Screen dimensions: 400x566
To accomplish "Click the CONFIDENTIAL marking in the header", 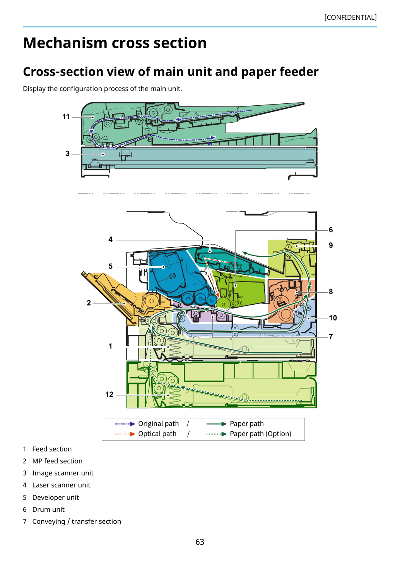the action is [x=350, y=17].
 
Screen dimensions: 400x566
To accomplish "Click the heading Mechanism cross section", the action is [x=115, y=43].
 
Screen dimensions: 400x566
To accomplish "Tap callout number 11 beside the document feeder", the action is [x=66, y=117].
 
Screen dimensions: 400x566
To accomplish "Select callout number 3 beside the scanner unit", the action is [x=67, y=154].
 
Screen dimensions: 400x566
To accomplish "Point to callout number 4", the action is [x=110, y=239].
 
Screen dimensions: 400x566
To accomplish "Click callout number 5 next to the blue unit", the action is [x=110, y=266].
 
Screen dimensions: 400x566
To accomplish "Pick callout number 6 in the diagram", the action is [x=330, y=230].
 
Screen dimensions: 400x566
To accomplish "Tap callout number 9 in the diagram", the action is [x=330, y=245].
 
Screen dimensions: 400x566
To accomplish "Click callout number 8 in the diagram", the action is [x=330, y=292].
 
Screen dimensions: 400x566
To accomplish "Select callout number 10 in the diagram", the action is [x=333, y=318].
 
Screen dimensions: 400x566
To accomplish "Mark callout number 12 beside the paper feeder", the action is [x=109, y=394].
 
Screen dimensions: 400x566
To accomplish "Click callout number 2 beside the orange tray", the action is [x=89, y=303].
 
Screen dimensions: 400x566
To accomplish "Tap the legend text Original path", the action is [x=158, y=424].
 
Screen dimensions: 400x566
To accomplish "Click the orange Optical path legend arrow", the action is [x=125, y=434].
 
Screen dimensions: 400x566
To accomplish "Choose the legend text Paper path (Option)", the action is [x=260, y=434].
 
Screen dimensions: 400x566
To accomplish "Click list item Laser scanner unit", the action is [x=61, y=485].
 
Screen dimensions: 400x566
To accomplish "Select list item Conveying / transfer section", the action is [x=77, y=521].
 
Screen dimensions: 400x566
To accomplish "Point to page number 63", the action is [x=200, y=542].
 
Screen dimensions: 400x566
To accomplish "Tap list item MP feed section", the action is [x=57, y=461].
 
